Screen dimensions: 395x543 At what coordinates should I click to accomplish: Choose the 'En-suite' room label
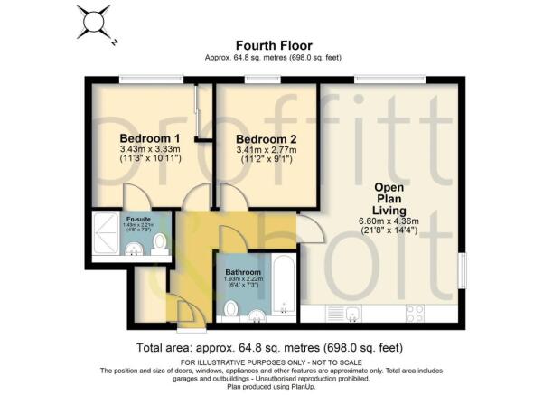click(x=137, y=220)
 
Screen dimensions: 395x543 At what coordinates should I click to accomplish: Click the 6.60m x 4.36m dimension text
click(x=393, y=221)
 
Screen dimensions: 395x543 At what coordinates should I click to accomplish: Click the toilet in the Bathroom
click(x=230, y=310)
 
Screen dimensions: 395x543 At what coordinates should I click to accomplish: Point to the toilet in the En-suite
click(x=159, y=241)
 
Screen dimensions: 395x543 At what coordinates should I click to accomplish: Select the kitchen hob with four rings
click(x=417, y=313)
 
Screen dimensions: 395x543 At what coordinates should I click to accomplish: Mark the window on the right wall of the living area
click(x=462, y=271)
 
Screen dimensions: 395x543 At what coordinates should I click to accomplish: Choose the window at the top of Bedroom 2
click(x=262, y=80)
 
